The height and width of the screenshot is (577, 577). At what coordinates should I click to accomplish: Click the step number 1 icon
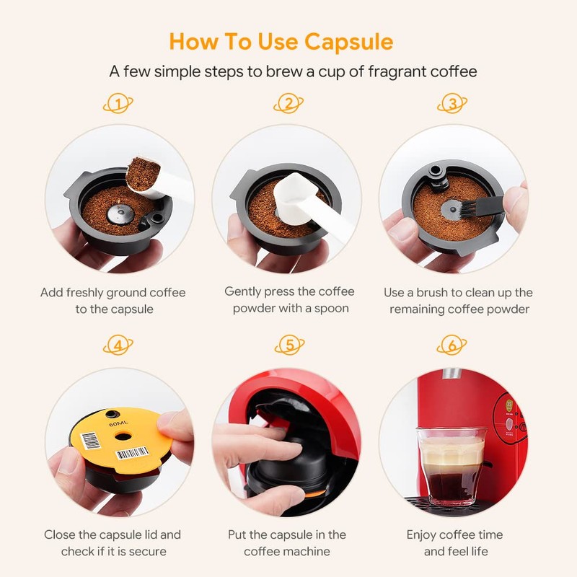tap(118, 105)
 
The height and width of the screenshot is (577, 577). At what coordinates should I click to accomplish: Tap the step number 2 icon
tap(288, 105)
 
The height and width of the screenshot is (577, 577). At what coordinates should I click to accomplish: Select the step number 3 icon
tap(452, 105)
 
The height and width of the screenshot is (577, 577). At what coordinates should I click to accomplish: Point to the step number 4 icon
tap(118, 345)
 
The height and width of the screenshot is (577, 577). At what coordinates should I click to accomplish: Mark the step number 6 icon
tap(452, 345)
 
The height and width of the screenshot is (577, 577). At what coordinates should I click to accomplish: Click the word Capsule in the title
tap(348, 41)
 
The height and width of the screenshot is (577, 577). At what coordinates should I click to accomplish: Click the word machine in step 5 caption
tap(307, 551)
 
